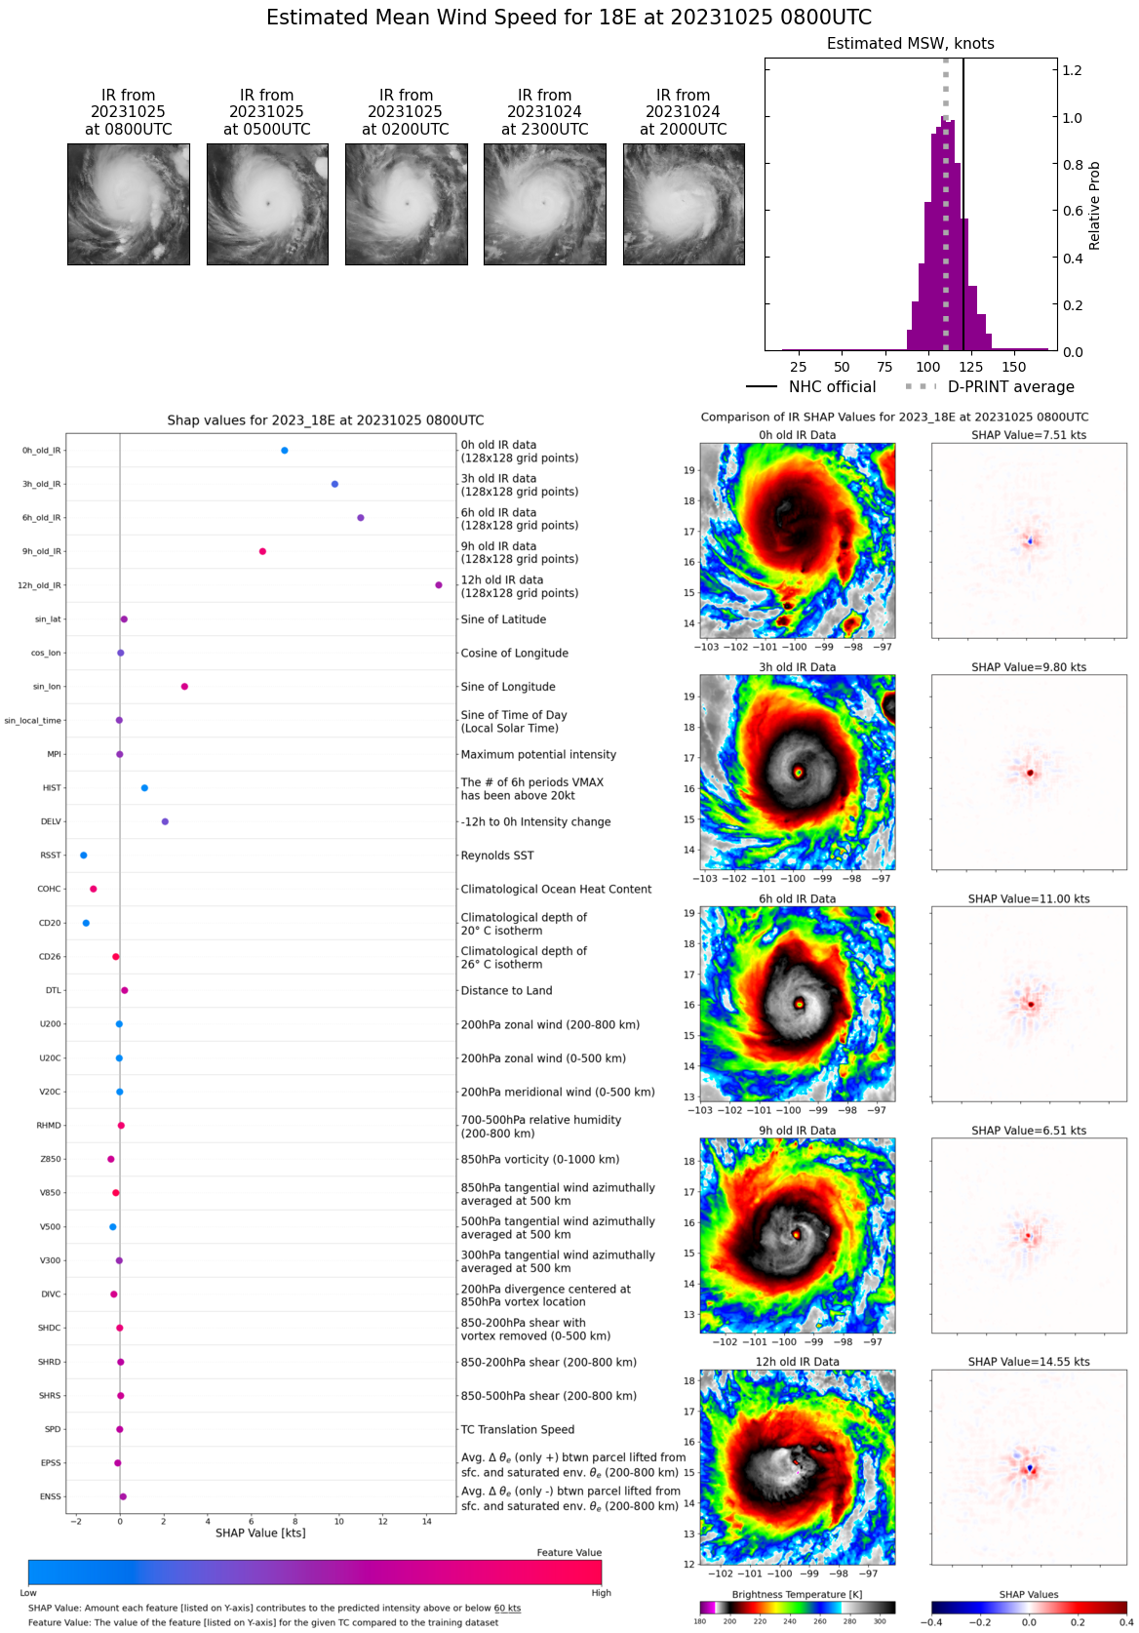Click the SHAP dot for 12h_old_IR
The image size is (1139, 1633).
coord(439,585)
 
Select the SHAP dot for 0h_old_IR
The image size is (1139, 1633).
coord(285,451)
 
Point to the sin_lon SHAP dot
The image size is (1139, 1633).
coord(184,687)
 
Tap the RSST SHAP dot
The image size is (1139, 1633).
coord(84,856)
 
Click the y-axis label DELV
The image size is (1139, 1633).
coord(51,822)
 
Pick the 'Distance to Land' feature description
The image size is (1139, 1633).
coord(506,991)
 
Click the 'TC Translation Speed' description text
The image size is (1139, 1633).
coord(517,1430)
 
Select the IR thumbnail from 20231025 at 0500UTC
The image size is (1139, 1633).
coord(267,204)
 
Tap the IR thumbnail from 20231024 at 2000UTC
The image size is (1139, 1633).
coord(684,204)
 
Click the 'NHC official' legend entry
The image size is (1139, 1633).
coord(832,387)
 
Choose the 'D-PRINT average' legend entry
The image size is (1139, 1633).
coord(1010,387)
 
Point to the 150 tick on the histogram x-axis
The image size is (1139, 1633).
coord(1014,368)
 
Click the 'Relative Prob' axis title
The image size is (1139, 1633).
coord(1094,206)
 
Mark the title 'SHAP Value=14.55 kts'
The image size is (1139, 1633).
coord(1029,1362)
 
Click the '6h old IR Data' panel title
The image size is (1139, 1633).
coord(797,899)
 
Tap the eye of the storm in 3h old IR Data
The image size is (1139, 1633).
coord(799,772)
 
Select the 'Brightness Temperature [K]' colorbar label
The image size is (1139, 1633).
coord(797,1595)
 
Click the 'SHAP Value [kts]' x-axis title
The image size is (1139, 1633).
coord(260,1533)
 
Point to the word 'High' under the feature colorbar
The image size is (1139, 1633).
coord(601,1593)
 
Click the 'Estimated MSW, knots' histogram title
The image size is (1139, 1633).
coord(910,44)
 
